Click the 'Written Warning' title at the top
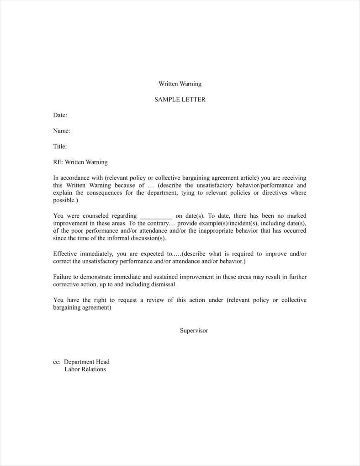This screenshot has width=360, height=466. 180,84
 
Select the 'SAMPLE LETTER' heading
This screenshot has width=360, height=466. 180,99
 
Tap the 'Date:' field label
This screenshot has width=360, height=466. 60,115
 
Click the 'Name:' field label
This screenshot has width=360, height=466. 62,131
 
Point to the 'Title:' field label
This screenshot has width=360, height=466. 60,146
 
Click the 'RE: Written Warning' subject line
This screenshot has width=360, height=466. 80,162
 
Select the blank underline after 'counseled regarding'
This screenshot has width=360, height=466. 156,216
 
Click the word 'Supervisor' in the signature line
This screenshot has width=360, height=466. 194,330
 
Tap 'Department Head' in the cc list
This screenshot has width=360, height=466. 87,362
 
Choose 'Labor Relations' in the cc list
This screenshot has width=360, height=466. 85,369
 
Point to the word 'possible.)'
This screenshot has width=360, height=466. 65,200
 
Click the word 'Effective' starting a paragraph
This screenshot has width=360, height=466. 66,254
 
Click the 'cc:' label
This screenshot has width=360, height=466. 57,362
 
